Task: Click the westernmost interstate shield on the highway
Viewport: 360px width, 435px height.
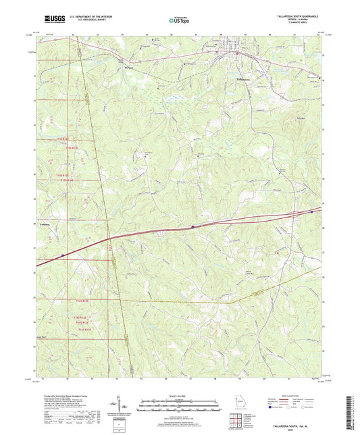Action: (62, 255)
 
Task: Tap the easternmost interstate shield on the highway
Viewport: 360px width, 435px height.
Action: (311, 211)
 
